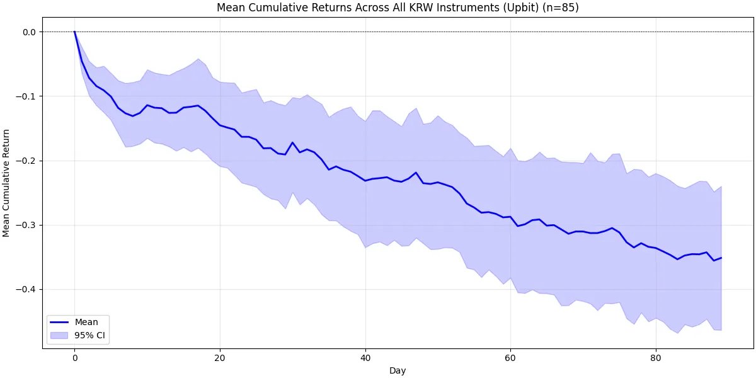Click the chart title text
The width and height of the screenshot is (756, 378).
click(x=398, y=8)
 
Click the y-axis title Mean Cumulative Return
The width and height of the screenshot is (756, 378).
click(x=7, y=183)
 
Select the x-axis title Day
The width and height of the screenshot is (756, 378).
click(x=398, y=371)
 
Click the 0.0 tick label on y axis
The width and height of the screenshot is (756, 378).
click(x=30, y=32)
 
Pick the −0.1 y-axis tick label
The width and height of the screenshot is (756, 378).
click(x=27, y=96)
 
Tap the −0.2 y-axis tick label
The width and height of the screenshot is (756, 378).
click(x=27, y=161)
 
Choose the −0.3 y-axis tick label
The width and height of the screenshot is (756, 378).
click(x=27, y=225)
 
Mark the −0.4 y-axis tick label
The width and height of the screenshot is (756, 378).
click(x=27, y=289)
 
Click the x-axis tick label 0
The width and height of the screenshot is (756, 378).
click(x=74, y=357)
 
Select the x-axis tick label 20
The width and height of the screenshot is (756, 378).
click(x=220, y=357)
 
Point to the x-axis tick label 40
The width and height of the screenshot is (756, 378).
click(x=365, y=357)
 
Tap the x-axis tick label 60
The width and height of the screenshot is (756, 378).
click(x=510, y=357)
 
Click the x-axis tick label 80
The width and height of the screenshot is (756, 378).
click(x=656, y=357)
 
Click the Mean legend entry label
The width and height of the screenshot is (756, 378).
click(x=86, y=321)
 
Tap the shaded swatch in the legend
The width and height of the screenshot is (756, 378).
click(x=60, y=335)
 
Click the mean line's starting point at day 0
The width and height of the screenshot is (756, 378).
click(x=74, y=32)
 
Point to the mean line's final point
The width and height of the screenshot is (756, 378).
click(x=721, y=258)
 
